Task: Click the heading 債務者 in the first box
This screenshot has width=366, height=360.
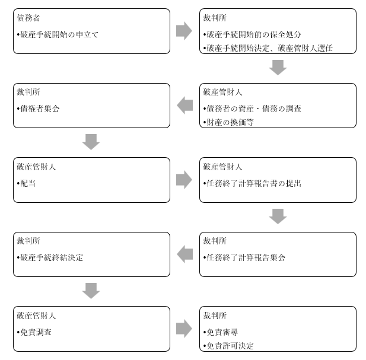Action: coord(28,18)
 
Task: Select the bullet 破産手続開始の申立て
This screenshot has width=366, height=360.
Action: coord(58,34)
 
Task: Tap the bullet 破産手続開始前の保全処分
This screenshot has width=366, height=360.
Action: coord(252,34)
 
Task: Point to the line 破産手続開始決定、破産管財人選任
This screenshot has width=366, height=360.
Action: coord(268,48)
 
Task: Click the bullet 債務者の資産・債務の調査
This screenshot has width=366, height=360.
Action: coord(252,109)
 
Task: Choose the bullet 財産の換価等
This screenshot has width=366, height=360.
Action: coord(228,122)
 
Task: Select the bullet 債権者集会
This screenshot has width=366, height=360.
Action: coord(38,109)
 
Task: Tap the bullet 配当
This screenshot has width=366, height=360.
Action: coord(26,183)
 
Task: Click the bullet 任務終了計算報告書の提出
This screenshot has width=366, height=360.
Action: coord(252,183)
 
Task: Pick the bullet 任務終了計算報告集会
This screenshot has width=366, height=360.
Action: coord(244,257)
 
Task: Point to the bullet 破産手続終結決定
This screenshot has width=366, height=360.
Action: coord(50,257)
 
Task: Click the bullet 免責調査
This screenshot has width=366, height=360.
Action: coord(34,332)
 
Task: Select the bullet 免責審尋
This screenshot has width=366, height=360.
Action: coord(220,332)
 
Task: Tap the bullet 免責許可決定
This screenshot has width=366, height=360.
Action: coord(228,346)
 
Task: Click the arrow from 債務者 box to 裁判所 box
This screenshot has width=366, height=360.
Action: coord(184,31)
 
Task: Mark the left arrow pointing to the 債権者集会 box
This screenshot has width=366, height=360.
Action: coord(184,105)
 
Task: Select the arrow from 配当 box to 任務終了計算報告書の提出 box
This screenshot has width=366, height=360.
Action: coord(184,180)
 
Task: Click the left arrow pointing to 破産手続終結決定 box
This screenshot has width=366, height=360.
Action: coord(184,254)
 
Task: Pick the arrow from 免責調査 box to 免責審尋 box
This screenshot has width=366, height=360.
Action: coord(184,329)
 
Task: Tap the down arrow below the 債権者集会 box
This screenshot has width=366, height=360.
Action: coord(91,142)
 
